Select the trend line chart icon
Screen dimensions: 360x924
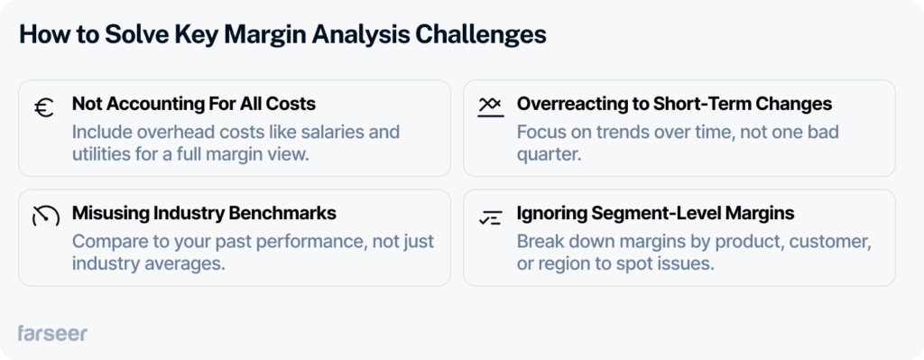(x=489, y=106)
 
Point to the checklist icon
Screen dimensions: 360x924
(x=490, y=216)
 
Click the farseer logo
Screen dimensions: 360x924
(x=52, y=333)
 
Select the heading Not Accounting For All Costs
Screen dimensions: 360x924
(x=193, y=104)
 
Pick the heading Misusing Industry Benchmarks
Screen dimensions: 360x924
(x=204, y=214)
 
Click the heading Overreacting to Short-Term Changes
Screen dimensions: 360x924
(x=674, y=104)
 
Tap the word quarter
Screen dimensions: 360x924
(x=548, y=154)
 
